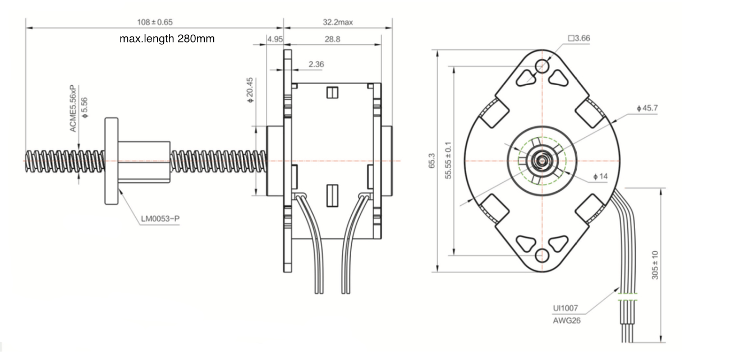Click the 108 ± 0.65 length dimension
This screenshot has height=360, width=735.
pos(155,22)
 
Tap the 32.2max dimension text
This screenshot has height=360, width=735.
pos(337,22)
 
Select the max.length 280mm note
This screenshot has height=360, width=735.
pos(167,39)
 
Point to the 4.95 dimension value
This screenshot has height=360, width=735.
pos(274,39)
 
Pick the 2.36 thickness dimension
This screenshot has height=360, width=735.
pos(316,64)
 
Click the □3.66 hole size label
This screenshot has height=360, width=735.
pos(578,39)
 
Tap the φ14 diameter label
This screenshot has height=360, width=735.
pos(600,177)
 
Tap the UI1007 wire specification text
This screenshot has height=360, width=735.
pos(565,308)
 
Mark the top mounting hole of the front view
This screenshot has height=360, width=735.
pos(542,65)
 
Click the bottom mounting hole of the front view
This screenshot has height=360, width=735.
pos(542,256)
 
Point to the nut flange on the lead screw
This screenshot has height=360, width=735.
pos(111,161)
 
